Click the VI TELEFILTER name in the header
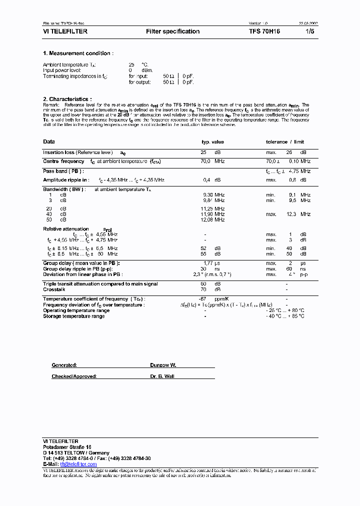[x=65, y=31]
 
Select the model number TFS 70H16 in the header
[x=265, y=31]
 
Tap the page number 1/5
[x=310, y=31]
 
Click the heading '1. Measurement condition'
[x=78, y=53]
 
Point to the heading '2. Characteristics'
[x=67, y=99]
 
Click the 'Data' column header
[x=49, y=142]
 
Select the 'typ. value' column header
[x=212, y=142]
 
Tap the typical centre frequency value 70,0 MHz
[x=212, y=161]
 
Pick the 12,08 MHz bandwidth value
[x=212, y=220]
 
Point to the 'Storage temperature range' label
[x=74, y=316]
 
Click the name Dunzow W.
[x=163, y=365]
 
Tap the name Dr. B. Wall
[x=162, y=376]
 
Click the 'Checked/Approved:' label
[x=74, y=376]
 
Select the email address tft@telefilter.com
[x=78, y=464]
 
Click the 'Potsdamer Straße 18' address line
[x=67, y=446]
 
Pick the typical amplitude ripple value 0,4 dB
[x=210, y=179]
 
